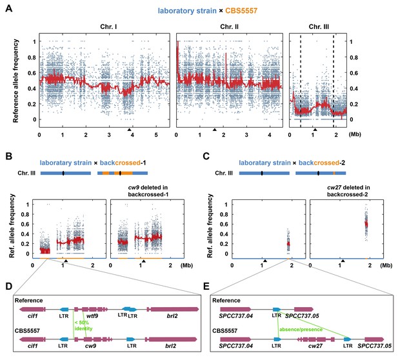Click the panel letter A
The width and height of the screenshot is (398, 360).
(9, 8)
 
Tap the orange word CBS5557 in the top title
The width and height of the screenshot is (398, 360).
(241, 11)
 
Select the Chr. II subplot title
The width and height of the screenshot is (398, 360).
(230, 26)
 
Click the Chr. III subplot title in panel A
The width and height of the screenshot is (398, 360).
(319, 26)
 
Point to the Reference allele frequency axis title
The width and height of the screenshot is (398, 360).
(15, 81)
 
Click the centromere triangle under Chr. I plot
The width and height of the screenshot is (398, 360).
(129, 130)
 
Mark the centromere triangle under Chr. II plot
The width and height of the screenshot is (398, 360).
(215, 130)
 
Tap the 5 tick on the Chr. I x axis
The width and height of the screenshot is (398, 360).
(156, 135)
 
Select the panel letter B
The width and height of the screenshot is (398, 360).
(8, 156)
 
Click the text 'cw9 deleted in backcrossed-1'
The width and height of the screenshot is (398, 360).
(148, 191)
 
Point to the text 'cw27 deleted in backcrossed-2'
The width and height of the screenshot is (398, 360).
(348, 191)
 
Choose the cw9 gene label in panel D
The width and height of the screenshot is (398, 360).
(90, 346)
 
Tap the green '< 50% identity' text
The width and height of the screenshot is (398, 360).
(83, 325)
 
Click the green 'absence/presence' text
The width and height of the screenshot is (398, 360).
(301, 330)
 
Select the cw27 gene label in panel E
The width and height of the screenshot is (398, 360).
(315, 346)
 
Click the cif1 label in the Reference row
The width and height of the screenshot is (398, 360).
(33, 316)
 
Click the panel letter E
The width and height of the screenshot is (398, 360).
(206, 286)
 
